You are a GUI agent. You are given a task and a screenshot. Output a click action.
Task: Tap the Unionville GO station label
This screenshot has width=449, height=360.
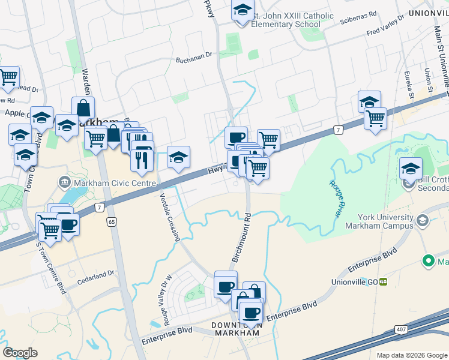point(355,281)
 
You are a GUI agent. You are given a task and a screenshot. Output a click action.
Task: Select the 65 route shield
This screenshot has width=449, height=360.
point(112,221)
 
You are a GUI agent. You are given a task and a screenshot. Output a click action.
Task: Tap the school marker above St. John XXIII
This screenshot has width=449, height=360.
point(243,11)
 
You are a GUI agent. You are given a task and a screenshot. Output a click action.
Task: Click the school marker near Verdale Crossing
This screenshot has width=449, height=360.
point(178,157)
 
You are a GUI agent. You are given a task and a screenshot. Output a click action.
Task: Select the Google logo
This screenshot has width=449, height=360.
point(20,353)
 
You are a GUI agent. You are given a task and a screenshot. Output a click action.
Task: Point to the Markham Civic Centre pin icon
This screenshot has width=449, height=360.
point(64,181)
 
